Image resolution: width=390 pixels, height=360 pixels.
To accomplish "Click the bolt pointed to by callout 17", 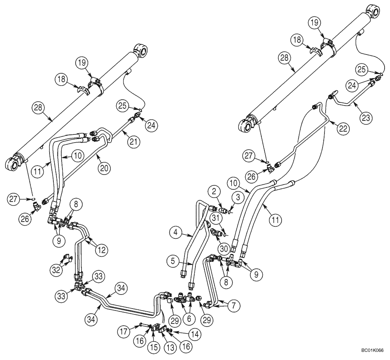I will (141, 325).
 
